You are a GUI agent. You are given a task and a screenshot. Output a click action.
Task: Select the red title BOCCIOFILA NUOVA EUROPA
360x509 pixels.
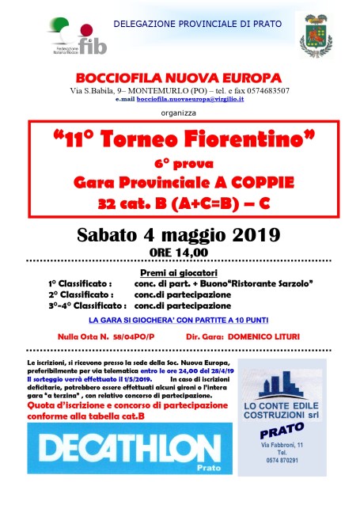pyautogui.click(x=179, y=78)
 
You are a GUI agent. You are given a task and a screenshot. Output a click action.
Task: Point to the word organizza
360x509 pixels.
pyautogui.click(x=179, y=112)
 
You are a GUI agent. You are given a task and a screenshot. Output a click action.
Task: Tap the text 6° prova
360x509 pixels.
pyautogui.click(x=182, y=164)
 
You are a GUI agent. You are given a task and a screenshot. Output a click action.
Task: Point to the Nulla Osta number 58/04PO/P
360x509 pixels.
pyautogui.click(x=135, y=336)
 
